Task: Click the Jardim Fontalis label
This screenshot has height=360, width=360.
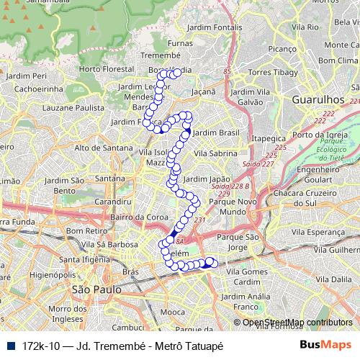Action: (214, 27)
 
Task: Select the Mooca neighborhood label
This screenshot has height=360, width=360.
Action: (172, 312)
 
